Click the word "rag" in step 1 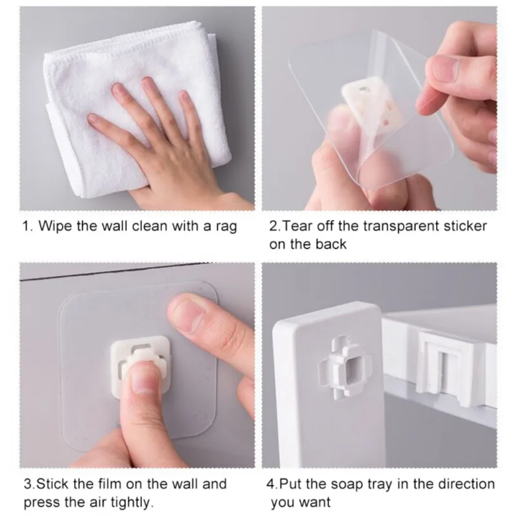tap(226, 227)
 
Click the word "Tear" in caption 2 tap(297, 226)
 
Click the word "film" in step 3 tap(110, 484)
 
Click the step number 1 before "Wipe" tap(26, 226)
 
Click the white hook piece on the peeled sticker tap(373, 103)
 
